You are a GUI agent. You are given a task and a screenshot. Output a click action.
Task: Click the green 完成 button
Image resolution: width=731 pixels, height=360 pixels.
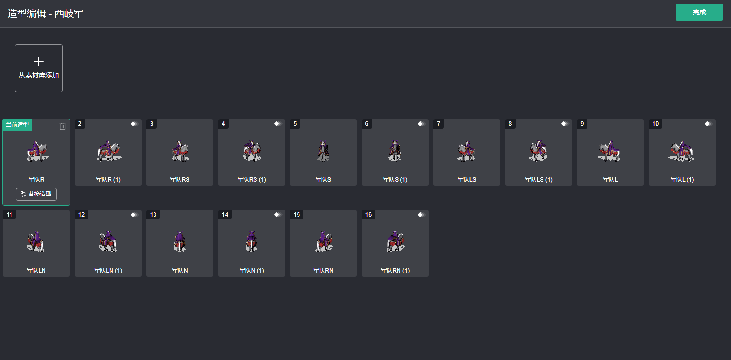click(699, 12)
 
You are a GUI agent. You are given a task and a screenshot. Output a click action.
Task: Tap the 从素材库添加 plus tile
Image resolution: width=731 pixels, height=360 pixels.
click(39, 68)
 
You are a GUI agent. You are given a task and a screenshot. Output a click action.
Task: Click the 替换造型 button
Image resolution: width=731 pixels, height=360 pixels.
click(36, 194)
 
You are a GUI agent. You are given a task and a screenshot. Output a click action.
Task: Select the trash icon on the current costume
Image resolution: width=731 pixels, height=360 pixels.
click(63, 126)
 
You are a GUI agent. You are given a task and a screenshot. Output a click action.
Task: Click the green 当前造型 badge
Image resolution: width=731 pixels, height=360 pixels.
click(17, 125)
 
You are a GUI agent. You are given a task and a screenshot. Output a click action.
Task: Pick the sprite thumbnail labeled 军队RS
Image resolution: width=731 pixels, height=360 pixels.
click(180, 151)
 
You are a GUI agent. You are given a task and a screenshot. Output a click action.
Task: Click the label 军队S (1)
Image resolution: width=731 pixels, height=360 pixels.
click(395, 180)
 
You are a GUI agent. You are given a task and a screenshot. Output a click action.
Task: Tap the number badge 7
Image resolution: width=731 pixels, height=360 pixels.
click(439, 124)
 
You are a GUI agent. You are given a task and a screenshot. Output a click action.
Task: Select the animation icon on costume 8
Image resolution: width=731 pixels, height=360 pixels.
click(565, 124)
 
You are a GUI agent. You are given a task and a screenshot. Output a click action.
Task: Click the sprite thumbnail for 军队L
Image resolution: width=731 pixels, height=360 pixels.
click(610, 151)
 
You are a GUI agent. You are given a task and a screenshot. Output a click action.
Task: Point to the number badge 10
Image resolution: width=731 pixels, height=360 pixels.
click(655, 124)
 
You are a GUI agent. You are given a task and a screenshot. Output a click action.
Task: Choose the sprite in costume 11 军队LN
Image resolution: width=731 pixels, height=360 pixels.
click(36, 241)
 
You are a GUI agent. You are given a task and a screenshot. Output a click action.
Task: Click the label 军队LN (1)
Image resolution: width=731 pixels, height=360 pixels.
click(108, 271)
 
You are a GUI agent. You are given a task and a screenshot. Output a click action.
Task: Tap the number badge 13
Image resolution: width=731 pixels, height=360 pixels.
click(153, 215)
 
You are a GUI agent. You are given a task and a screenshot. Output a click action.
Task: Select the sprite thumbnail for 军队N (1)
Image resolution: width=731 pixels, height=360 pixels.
click(252, 241)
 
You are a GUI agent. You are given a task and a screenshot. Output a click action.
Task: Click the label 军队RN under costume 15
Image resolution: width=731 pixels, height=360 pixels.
click(323, 271)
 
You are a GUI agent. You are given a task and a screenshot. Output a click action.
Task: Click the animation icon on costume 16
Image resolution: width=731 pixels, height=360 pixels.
click(421, 215)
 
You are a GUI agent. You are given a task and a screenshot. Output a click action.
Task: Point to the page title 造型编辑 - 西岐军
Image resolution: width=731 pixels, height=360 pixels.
click(45, 13)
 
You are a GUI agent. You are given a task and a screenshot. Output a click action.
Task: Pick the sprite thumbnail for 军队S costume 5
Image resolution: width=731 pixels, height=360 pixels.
click(323, 151)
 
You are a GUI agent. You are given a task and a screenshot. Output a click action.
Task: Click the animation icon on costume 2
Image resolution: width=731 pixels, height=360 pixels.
click(134, 124)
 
